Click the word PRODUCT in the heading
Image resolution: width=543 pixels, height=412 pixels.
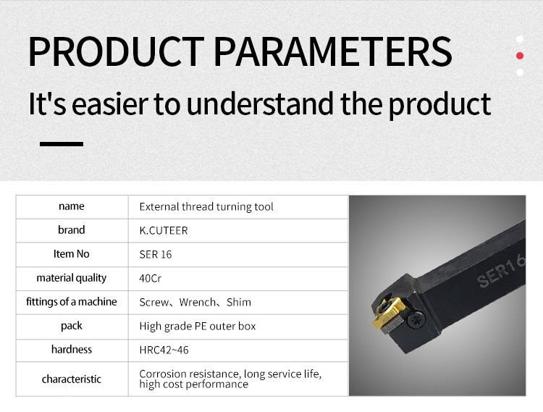click(x=117, y=51)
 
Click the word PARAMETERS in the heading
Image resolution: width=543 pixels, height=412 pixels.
click(x=333, y=51)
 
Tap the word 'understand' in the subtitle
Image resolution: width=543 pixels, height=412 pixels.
click(x=260, y=104)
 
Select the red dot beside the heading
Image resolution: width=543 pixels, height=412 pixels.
click(x=519, y=56)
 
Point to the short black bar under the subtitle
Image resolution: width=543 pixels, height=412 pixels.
click(x=62, y=143)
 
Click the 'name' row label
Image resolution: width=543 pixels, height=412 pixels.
click(x=72, y=206)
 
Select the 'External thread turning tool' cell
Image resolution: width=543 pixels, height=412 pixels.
click(x=206, y=206)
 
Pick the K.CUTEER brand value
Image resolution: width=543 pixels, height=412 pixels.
click(x=164, y=230)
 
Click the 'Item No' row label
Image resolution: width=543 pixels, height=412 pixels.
click(x=72, y=254)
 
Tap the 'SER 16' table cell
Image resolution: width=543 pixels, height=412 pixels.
click(x=156, y=254)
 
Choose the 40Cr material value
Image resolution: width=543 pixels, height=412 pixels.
click(x=150, y=278)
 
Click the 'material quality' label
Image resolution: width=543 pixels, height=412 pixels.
click(x=72, y=278)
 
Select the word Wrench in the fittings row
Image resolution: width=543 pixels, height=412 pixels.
click(x=197, y=302)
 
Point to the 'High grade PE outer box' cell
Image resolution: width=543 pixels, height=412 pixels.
click(x=198, y=326)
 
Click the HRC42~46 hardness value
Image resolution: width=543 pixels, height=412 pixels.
click(x=164, y=350)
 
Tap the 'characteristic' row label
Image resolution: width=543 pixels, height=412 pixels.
click(x=72, y=379)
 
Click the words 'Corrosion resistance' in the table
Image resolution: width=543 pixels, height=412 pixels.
click(x=188, y=374)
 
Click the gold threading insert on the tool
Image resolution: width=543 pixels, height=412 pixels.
click(x=388, y=314)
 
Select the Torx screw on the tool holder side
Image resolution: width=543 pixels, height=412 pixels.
click(x=416, y=319)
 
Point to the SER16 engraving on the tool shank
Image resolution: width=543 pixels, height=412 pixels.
click(x=501, y=272)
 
